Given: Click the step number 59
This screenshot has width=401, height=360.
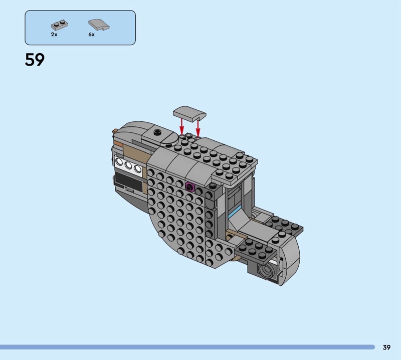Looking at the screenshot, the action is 35,60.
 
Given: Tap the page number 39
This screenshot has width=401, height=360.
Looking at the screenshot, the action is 386,347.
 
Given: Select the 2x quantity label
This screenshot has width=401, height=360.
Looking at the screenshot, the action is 54,34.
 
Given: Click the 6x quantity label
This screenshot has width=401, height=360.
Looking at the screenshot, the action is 92,34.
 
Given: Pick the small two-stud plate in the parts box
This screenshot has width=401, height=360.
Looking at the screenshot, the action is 60,25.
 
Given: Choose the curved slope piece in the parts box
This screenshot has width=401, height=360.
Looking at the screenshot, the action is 99,25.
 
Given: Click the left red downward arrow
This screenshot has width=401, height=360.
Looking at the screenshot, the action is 182,126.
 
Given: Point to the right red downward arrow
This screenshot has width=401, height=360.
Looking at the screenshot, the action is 197,127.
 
